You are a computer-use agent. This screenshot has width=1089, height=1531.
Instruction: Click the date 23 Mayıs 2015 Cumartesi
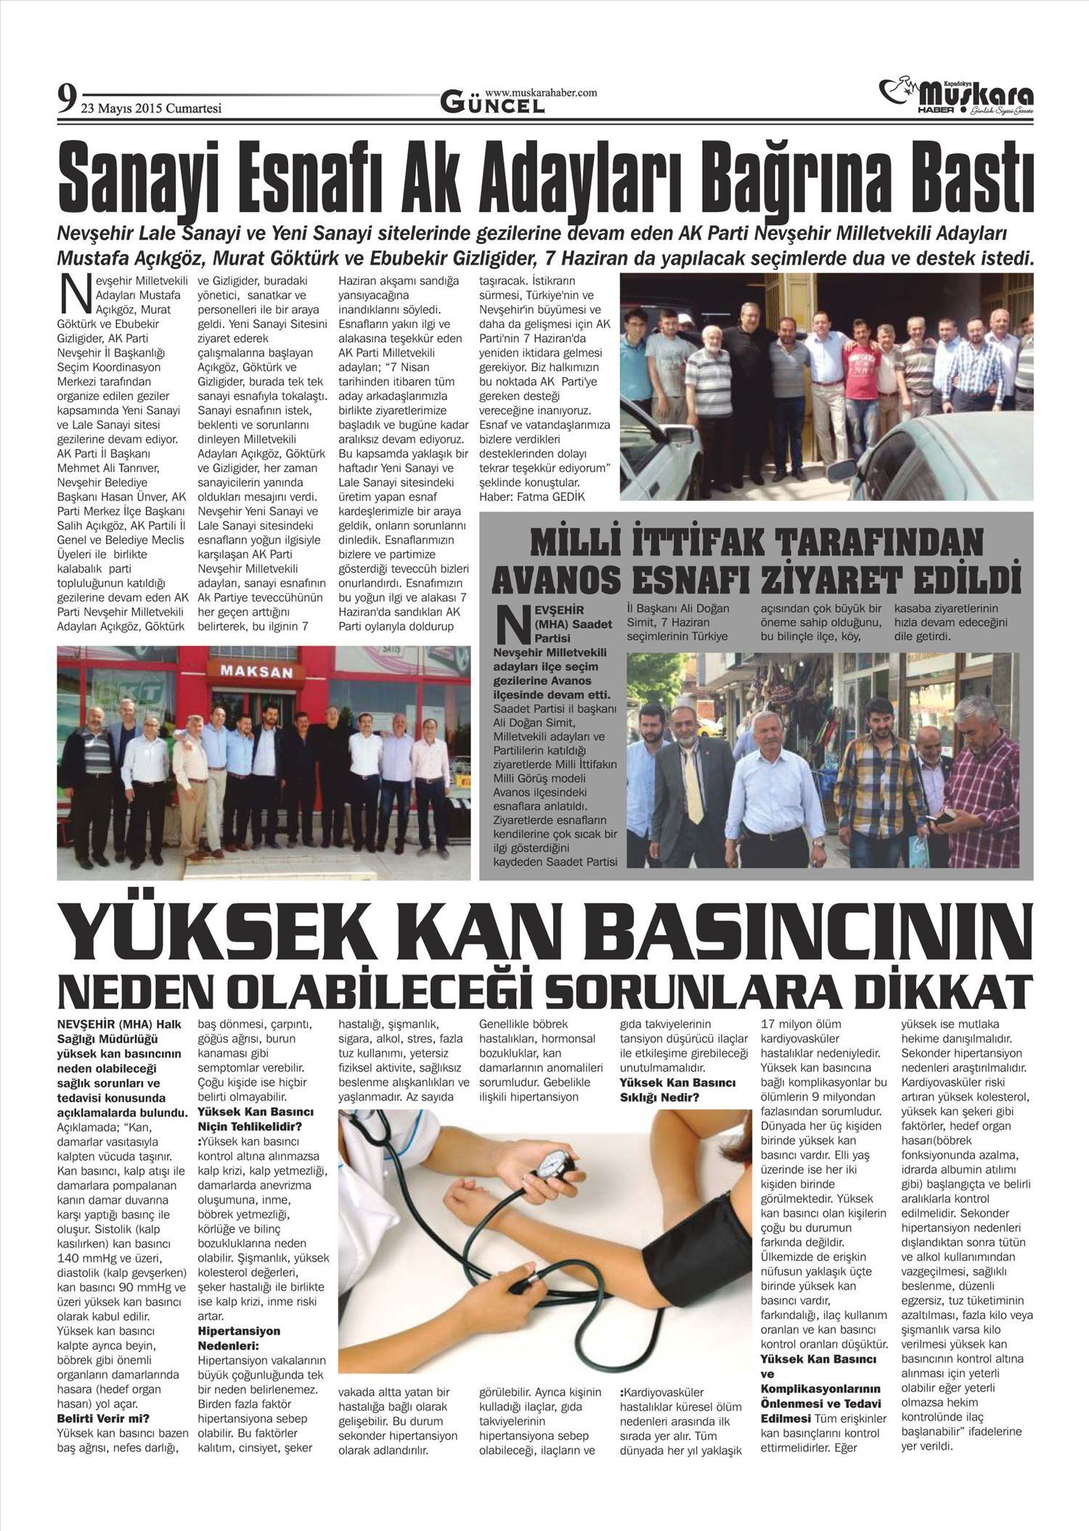click(x=151, y=109)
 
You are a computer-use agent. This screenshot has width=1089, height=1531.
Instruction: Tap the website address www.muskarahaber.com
click(x=541, y=93)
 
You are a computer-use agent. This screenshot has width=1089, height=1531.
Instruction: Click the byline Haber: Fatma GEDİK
click(x=531, y=497)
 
